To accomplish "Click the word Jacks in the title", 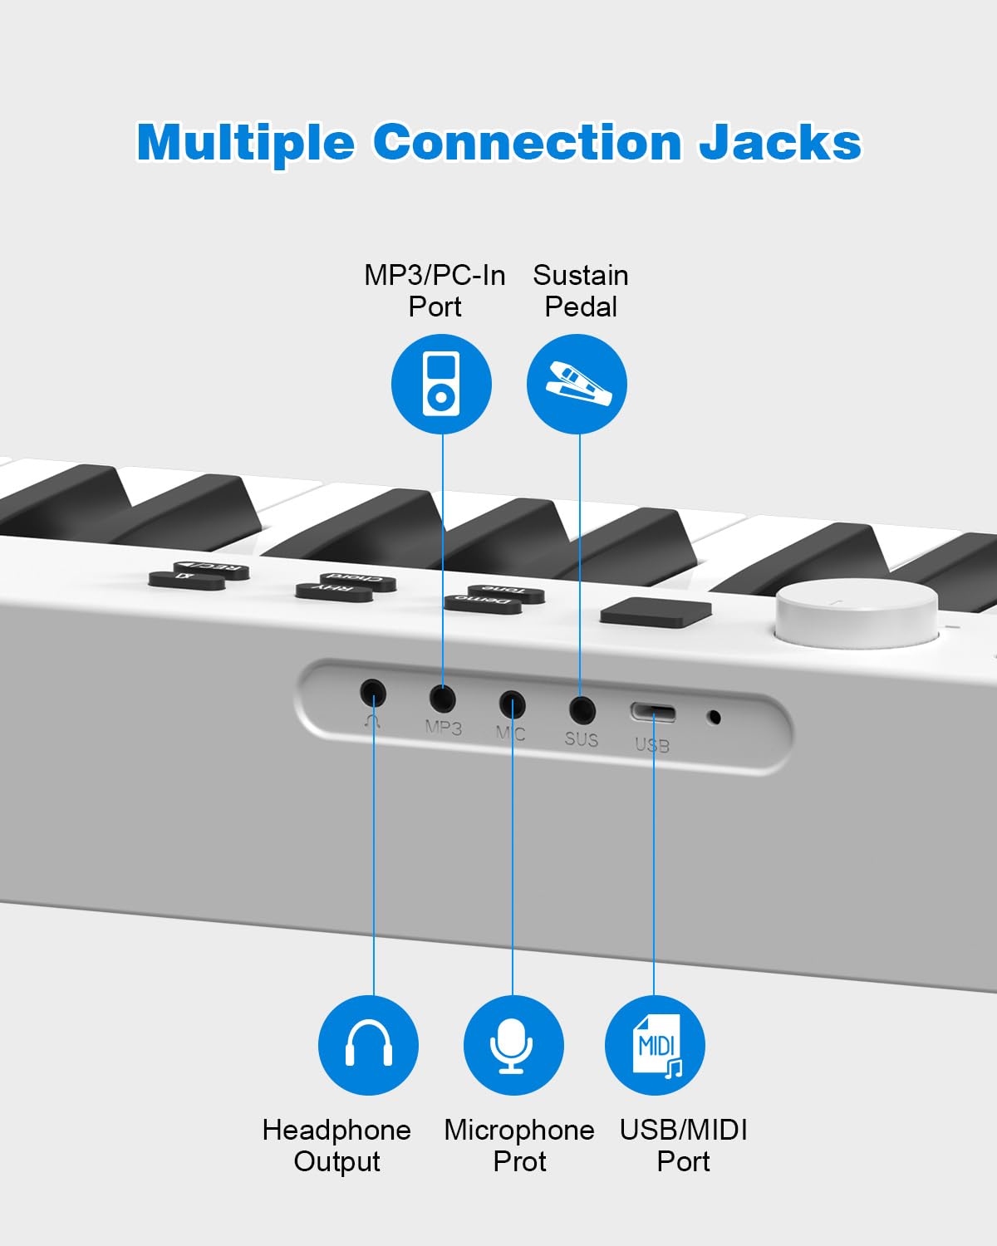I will [x=779, y=143].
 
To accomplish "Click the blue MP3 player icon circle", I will [x=441, y=384].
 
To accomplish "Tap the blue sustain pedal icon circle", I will [x=577, y=384].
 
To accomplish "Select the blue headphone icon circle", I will [x=368, y=1045].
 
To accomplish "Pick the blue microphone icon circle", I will [x=513, y=1045].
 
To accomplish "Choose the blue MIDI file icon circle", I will [x=655, y=1045].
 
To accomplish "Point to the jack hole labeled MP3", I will [x=442, y=698].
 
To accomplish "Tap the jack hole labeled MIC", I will [x=512, y=704].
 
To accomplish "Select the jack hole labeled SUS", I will [x=582, y=710].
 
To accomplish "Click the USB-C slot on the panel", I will [x=652, y=714].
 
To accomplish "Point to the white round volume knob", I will [x=857, y=613].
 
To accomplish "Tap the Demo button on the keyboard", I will [x=482, y=603].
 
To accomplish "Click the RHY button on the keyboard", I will [x=334, y=591].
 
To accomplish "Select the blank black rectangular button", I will [x=656, y=611].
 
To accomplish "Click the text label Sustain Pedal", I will [x=580, y=291].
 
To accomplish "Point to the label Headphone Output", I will [x=336, y=1145].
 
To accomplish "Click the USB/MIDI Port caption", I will [x=683, y=1145].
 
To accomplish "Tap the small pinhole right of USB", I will [x=712, y=717].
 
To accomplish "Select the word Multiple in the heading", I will [x=246, y=143].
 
